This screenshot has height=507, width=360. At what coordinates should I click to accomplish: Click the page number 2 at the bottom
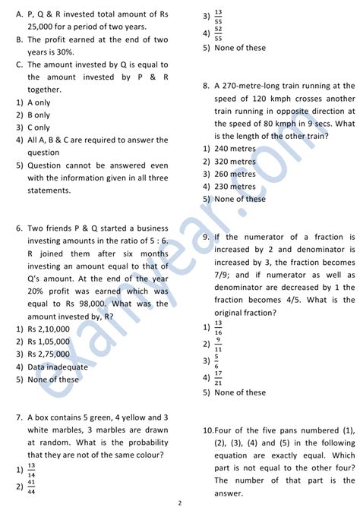180,502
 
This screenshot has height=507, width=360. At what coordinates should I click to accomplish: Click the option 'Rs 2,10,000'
49,329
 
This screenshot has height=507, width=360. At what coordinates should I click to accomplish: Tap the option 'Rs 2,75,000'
49,354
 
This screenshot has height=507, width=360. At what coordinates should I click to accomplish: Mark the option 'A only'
39,102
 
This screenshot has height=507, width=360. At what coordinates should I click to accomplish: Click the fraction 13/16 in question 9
219,327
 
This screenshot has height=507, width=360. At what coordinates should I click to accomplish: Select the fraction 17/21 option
219,376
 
